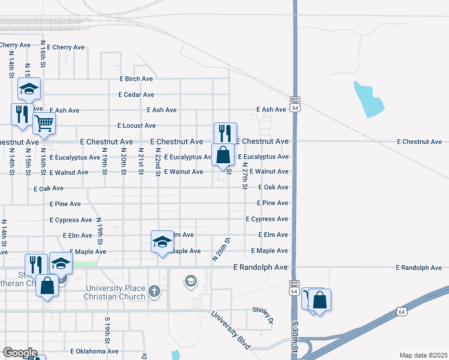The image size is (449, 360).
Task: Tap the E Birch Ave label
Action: (x=136, y=79)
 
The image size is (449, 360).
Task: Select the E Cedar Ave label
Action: (x=136, y=95)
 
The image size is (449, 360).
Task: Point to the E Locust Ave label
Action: (x=136, y=126)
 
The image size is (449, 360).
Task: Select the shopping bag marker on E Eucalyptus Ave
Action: (x=223, y=154)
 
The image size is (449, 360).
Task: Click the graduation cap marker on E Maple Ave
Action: (x=162, y=241)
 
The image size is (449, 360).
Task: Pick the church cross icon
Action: (x=154, y=292)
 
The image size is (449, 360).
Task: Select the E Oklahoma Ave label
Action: (x=94, y=351)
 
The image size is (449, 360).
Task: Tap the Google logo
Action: (x=19, y=353)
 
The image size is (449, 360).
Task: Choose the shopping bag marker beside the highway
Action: (x=320, y=299)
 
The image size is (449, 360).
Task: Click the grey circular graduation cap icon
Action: (x=191, y=281)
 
